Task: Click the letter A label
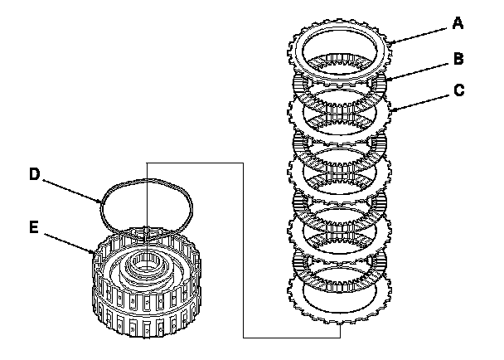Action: (x=458, y=24)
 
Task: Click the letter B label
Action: (x=458, y=60)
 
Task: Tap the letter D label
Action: (x=34, y=174)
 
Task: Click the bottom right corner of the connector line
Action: (x=341, y=337)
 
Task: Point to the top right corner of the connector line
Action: (x=241, y=163)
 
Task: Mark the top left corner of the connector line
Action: (x=146, y=163)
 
